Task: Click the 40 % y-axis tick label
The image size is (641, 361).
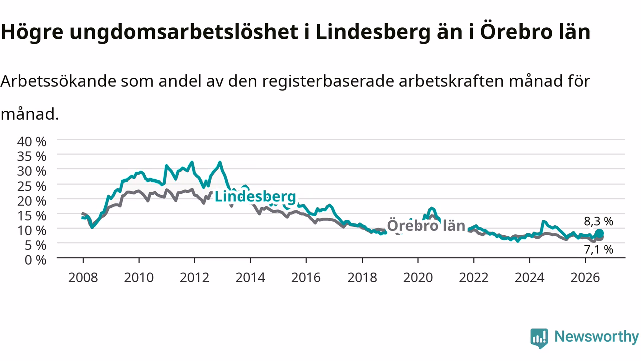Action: click(32, 142)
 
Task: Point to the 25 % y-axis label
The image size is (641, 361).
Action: click(32, 186)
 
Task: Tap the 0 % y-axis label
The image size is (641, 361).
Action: click(35, 260)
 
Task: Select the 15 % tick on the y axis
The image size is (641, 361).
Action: click(32, 216)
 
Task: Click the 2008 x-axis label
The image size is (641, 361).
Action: click(83, 278)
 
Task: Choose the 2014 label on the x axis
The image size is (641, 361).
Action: click(250, 278)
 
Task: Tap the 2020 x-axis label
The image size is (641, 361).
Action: click(418, 278)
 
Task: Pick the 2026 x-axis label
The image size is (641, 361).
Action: click(585, 278)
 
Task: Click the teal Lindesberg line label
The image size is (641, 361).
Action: click(255, 197)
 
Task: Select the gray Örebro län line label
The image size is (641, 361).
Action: click(426, 225)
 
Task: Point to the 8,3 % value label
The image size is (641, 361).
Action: click(598, 221)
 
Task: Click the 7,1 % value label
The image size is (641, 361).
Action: click(598, 250)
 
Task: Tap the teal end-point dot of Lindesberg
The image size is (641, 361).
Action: click(599, 233)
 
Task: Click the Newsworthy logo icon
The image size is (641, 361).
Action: click(539, 338)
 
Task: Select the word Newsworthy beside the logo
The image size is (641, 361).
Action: click(596, 336)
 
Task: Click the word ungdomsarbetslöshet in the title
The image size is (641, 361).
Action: click(184, 32)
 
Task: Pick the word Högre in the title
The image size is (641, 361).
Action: click(32, 32)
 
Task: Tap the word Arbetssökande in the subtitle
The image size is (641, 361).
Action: click(59, 81)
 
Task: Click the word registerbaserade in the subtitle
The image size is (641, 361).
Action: click(328, 82)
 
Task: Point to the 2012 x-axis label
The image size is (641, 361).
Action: click(195, 278)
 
